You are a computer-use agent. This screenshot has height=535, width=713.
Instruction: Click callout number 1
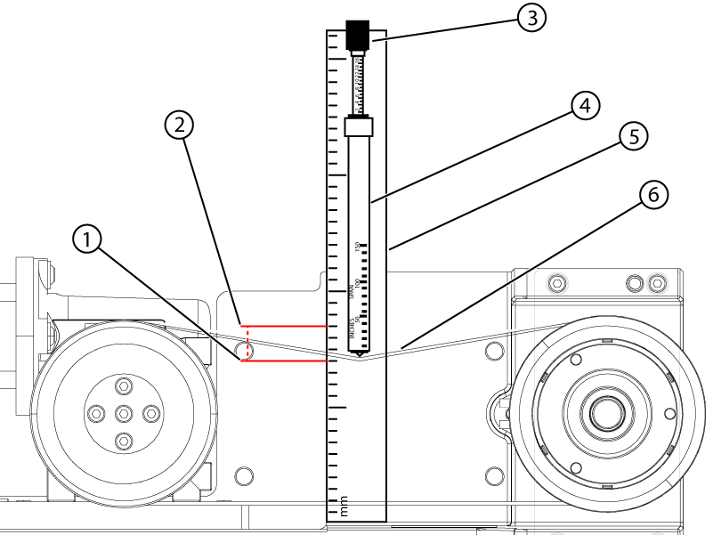pyautogui.click(x=86, y=238)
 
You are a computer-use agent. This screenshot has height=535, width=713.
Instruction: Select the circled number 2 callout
pyautogui.click(x=179, y=126)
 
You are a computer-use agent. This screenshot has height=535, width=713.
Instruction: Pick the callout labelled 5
pyautogui.click(x=633, y=136)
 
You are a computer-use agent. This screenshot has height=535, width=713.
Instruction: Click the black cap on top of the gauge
pyautogui.click(x=358, y=35)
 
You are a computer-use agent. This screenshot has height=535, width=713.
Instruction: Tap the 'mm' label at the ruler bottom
pyautogui.click(x=344, y=511)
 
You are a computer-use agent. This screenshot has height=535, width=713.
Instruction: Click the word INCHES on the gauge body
pyautogui.click(x=352, y=332)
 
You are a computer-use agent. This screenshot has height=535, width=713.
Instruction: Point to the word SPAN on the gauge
pyautogui.click(x=352, y=290)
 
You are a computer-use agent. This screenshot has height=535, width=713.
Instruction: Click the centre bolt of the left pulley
pyautogui.click(x=124, y=412)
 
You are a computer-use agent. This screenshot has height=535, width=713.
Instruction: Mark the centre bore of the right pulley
pyautogui.click(x=606, y=412)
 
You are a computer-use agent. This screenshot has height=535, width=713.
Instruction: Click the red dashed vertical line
pyautogui.click(x=247, y=343)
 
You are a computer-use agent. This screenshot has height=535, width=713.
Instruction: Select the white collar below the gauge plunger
pyautogui.click(x=358, y=127)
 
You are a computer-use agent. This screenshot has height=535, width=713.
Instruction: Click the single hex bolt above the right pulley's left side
pyautogui.click(x=556, y=283)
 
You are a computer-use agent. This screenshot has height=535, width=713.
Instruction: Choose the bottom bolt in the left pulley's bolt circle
pyautogui.click(x=124, y=438)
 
